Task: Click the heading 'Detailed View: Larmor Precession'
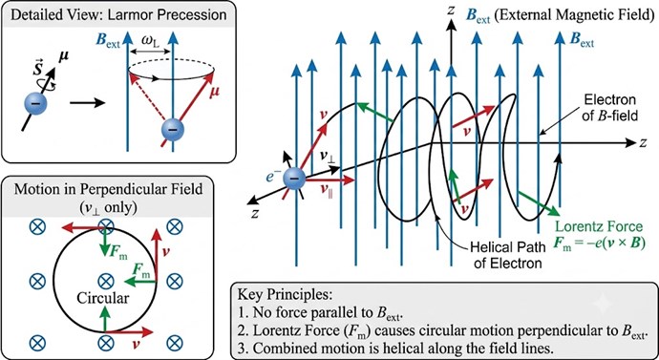(x=118, y=15)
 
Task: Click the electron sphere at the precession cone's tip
(x=173, y=129)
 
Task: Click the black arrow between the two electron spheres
(x=88, y=102)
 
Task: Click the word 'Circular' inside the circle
(x=102, y=298)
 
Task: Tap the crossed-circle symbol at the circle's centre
(x=104, y=281)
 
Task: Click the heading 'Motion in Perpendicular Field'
(x=108, y=189)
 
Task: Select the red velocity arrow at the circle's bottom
(x=129, y=332)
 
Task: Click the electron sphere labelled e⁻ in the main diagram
(x=295, y=179)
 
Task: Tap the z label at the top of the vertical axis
(x=450, y=11)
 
